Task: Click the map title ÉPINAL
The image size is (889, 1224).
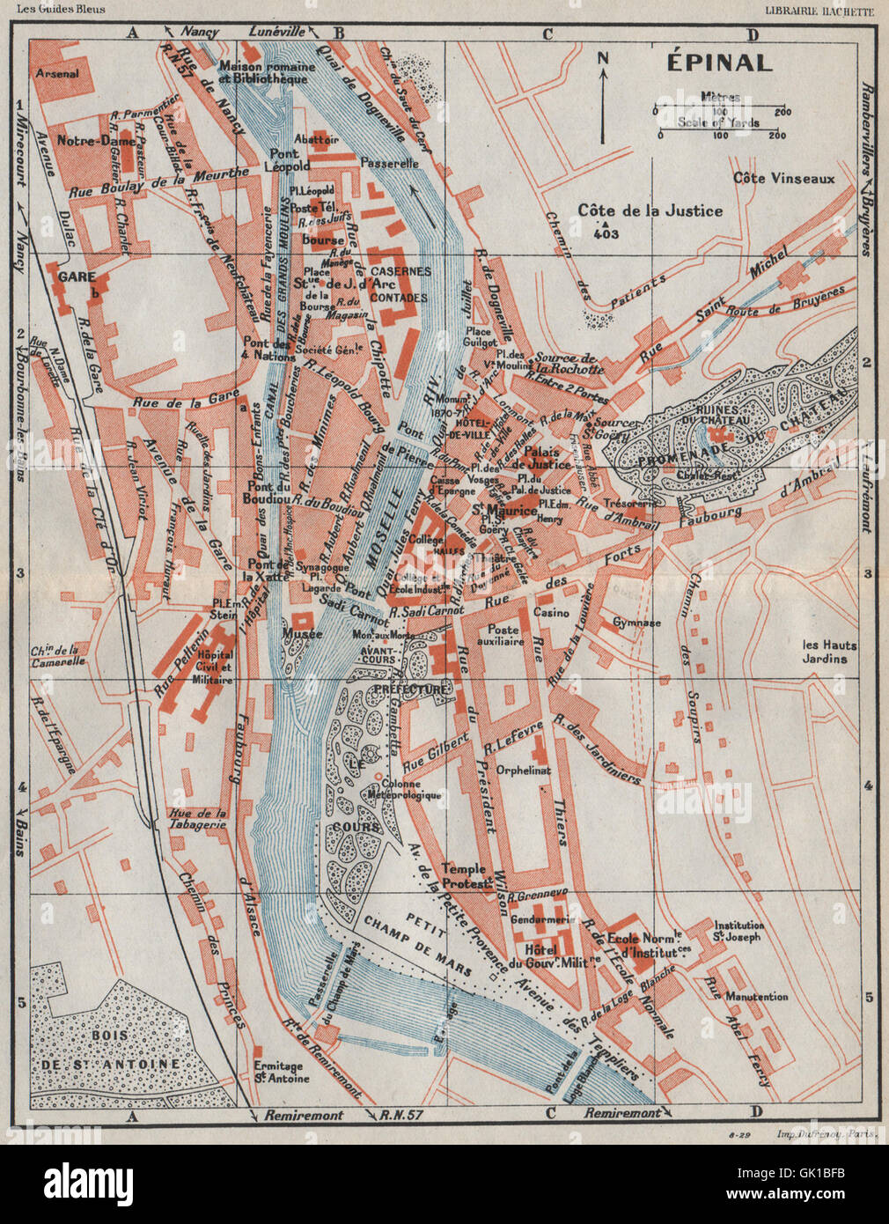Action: (x=718, y=63)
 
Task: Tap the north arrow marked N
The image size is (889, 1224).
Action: (x=603, y=97)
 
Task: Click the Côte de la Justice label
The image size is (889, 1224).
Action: (x=650, y=210)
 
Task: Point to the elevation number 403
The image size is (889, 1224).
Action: (x=606, y=233)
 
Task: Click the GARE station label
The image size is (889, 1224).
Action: (x=76, y=277)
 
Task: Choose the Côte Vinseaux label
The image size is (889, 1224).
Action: (x=783, y=179)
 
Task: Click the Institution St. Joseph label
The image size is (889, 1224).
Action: (x=738, y=932)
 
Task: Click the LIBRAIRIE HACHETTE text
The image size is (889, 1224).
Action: (x=816, y=10)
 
